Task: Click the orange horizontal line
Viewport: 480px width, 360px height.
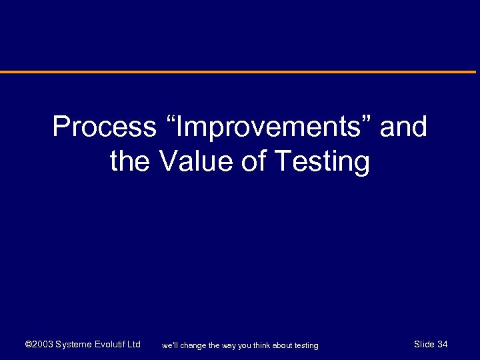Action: point(240,72)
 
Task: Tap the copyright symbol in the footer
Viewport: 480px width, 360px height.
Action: point(28,345)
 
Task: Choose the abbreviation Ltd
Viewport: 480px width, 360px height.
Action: point(134,345)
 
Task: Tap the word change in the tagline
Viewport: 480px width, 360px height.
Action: point(193,345)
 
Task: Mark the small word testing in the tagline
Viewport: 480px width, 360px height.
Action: point(307,345)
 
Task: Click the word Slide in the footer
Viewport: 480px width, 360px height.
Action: point(424,344)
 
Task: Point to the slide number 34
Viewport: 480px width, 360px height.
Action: point(443,344)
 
